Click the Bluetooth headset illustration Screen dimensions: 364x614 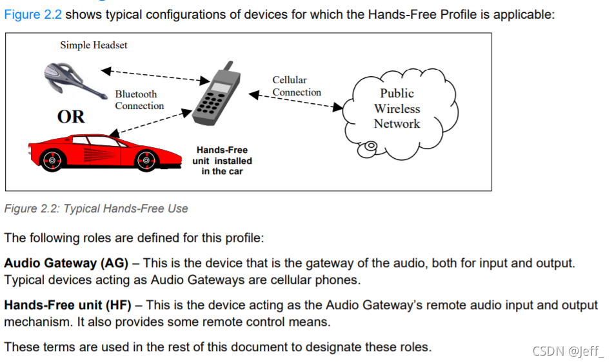[x=73, y=79]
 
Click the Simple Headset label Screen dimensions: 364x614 [x=94, y=45]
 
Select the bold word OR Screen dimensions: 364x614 [x=71, y=117]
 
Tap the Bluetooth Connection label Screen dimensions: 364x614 [x=139, y=100]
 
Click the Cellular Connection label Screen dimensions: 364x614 [x=296, y=86]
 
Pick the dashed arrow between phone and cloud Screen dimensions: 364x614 [x=297, y=101]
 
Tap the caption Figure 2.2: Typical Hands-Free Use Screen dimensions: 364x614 [x=96, y=208]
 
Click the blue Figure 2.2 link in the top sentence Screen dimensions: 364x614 [x=33, y=14]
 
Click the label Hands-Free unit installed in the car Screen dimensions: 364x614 [x=222, y=161]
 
